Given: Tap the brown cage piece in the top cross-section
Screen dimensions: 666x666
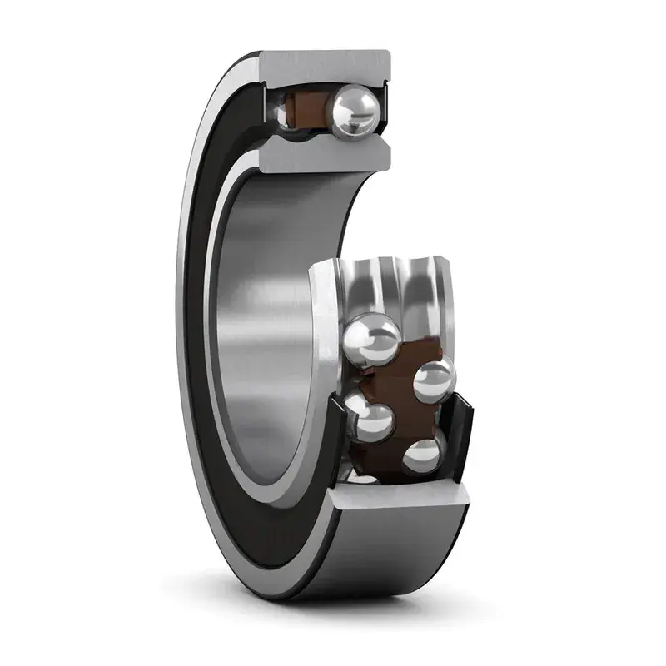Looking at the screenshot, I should [306, 109].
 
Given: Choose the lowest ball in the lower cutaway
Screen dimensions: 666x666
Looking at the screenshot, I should [424, 455].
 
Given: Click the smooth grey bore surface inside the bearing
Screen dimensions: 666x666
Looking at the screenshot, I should [266, 316].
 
